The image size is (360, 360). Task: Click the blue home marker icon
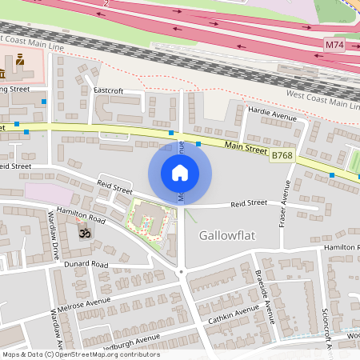pos(180,173)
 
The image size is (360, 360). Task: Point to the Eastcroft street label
pos(108,90)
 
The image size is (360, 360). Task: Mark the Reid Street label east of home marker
pos(248,205)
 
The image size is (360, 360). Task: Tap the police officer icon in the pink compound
pos(19,59)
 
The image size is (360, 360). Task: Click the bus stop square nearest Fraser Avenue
pos(332,174)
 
